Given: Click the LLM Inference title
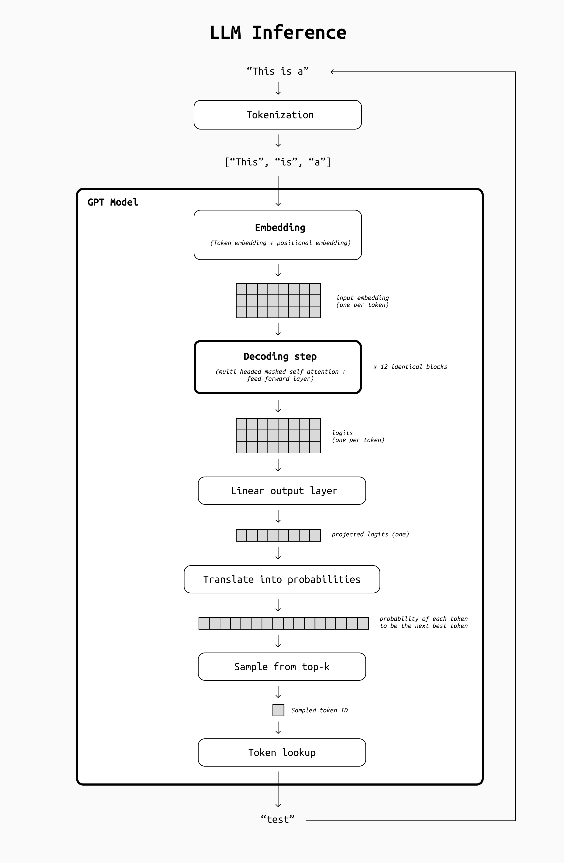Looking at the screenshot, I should point(278,33).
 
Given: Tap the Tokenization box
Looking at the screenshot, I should point(278,115).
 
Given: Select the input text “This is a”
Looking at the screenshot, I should point(278,71).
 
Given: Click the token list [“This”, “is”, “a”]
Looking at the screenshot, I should point(278,162).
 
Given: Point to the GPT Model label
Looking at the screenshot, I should point(113,202).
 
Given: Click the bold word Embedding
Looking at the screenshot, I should point(280,227).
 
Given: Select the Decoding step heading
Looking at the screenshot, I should point(280,356).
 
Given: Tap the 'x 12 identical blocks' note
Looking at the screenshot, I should point(410,367).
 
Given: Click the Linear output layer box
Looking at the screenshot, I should point(282,491).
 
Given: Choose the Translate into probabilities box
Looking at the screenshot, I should point(282,580).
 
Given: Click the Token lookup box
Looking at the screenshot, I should point(282,753).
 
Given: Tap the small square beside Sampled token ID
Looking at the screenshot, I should point(278,710).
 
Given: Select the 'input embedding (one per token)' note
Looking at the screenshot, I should point(362,301).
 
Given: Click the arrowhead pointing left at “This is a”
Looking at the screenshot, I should point(333,72).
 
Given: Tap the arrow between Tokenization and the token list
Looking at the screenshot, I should point(278,141).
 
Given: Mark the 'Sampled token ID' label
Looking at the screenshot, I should point(319,710).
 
